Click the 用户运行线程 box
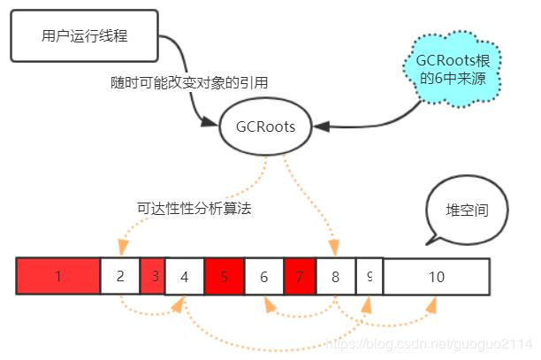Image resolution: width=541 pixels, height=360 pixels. (85, 36)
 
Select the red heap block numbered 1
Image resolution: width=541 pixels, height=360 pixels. (57, 276)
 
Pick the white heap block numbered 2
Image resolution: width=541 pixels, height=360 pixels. (120, 276)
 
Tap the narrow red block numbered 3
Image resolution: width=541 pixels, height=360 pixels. (153, 276)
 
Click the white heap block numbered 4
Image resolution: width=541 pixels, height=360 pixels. (185, 276)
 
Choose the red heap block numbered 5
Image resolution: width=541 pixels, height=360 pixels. (224, 276)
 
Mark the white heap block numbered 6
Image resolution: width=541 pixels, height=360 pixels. (263, 276)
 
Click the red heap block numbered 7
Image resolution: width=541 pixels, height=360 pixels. (300, 276)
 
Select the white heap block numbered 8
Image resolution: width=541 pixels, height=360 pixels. (336, 276)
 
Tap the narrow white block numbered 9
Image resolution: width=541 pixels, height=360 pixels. (369, 276)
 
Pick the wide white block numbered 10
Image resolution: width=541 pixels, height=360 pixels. (436, 276)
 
